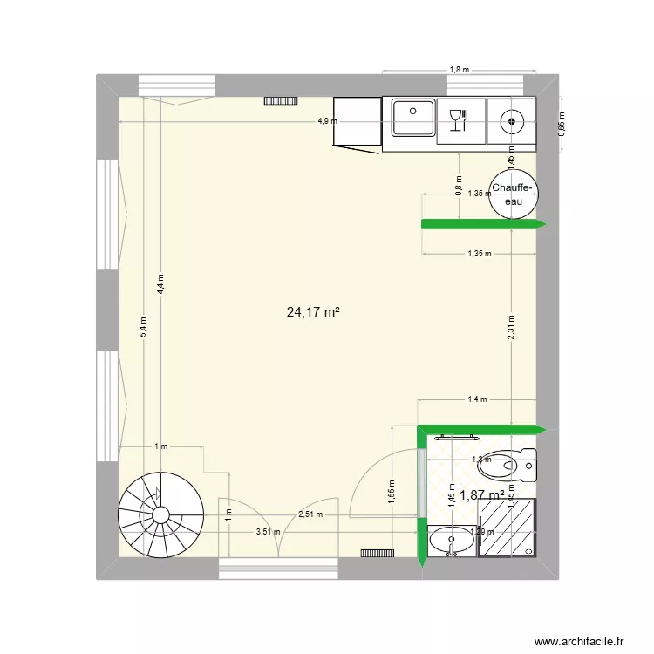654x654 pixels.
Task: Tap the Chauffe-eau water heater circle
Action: [x=513, y=194]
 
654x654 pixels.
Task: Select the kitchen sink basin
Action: [x=412, y=119]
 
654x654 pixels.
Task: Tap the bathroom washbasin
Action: [x=452, y=540]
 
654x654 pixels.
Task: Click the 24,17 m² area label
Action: [x=312, y=311]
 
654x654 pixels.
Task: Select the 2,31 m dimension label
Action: [x=512, y=328]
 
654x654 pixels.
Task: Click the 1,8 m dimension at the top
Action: [x=460, y=69]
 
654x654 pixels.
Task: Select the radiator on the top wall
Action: [x=282, y=102]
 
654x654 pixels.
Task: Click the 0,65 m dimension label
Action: [x=562, y=123]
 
